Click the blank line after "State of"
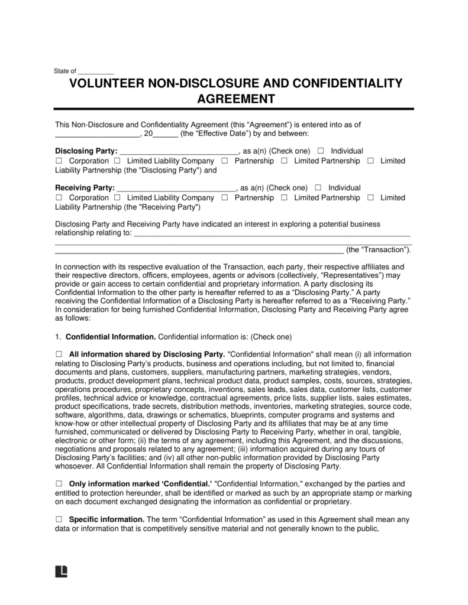(x=96, y=71)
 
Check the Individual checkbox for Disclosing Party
(x=321, y=151)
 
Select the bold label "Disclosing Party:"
(x=86, y=151)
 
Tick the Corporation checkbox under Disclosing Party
(x=59, y=161)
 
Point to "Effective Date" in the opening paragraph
(x=211, y=134)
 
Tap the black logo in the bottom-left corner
(x=61, y=571)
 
